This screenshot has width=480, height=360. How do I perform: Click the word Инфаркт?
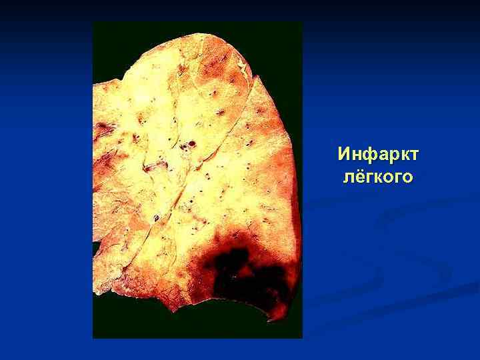378,155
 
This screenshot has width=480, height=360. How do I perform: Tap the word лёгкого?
378,177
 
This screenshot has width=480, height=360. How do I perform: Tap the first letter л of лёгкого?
349,178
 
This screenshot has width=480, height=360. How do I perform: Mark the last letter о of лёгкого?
407,178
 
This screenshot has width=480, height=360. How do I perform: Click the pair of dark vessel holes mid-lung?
191,143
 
